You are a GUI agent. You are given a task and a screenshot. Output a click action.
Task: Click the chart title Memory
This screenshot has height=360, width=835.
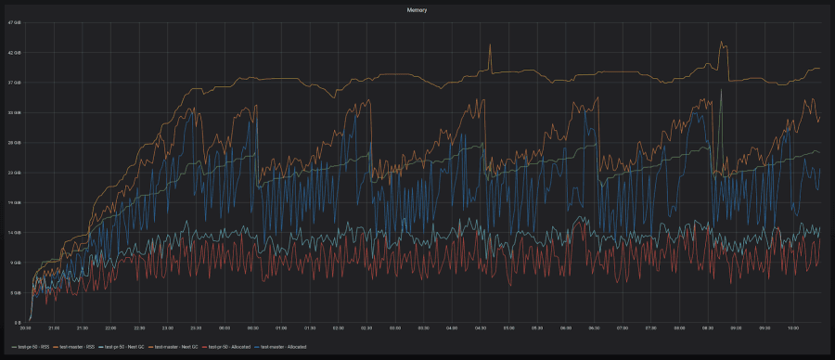(417, 8)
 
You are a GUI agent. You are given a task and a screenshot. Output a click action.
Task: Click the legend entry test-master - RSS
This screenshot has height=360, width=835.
(76, 346)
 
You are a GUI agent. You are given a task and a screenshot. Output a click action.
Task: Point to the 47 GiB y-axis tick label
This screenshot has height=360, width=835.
(14, 23)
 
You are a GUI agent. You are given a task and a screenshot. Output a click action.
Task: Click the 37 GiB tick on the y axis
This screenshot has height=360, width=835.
(14, 83)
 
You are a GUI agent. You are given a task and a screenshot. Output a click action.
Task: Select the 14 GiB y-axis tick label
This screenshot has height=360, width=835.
(14, 233)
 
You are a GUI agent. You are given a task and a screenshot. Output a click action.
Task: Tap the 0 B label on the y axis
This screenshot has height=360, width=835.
(16, 321)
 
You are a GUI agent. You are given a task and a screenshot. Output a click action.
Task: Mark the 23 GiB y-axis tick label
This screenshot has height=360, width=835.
(14, 173)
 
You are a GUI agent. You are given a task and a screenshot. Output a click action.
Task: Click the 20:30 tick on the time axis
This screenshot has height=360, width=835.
(26, 328)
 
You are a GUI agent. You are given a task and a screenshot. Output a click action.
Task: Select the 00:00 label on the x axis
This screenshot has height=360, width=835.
(225, 328)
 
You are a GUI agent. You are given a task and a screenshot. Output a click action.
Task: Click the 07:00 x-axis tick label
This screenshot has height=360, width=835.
(623, 328)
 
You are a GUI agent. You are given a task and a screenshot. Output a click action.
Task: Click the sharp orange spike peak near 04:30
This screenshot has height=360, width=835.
(491, 45)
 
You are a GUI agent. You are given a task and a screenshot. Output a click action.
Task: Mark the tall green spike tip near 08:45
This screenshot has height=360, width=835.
(721, 90)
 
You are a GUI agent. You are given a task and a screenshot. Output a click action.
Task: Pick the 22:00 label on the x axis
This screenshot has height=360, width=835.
(111, 328)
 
